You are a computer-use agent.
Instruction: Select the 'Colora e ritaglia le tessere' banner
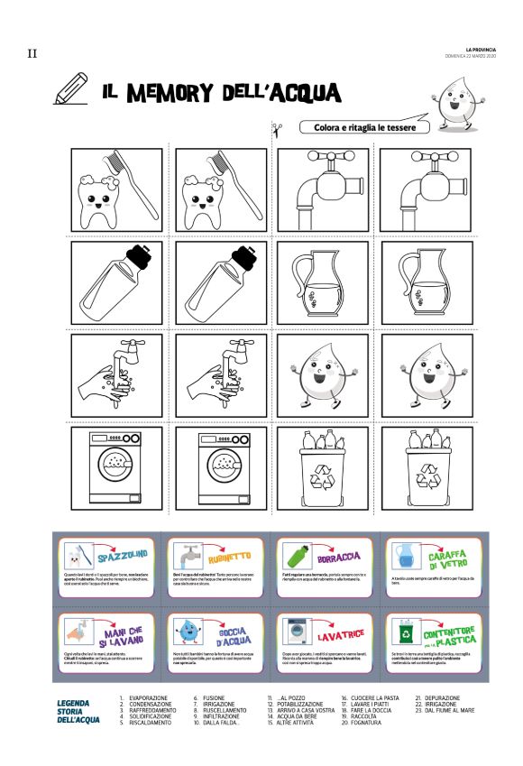pyautogui.click(x=359, y=128)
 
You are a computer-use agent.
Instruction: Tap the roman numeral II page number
pyautogui.click(x=32, y=54)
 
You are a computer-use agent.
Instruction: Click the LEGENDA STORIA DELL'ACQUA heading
pyautogui.click(x=79, y=710)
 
